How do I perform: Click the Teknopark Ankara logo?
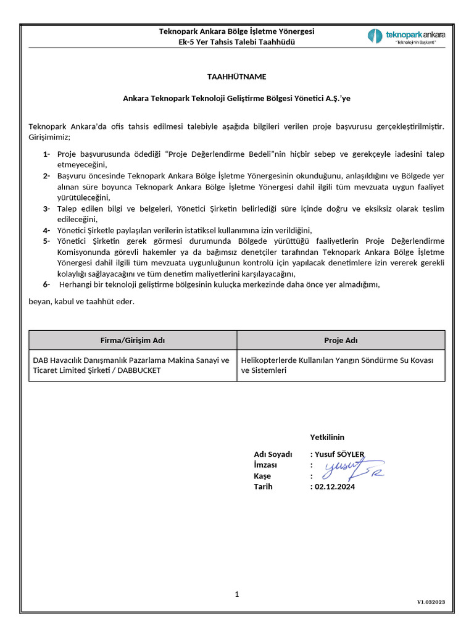point(406,36)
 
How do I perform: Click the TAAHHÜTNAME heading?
point(236,77)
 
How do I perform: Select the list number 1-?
point(47,154)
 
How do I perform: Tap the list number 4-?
point(47,230)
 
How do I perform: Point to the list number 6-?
point(47,285)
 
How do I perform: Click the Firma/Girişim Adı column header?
point(133,340)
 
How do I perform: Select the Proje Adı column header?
point(341,340)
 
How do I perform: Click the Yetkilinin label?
point(327,438)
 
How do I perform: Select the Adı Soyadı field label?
point(273,455)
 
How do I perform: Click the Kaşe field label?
point(262,476)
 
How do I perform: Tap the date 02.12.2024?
point(334,486)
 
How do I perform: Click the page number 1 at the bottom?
point(236,594)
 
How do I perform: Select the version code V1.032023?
point(431,602)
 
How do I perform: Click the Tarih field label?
point(263,486)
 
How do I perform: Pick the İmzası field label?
point(265,465)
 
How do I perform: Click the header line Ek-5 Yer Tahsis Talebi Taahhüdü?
point(236,42)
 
